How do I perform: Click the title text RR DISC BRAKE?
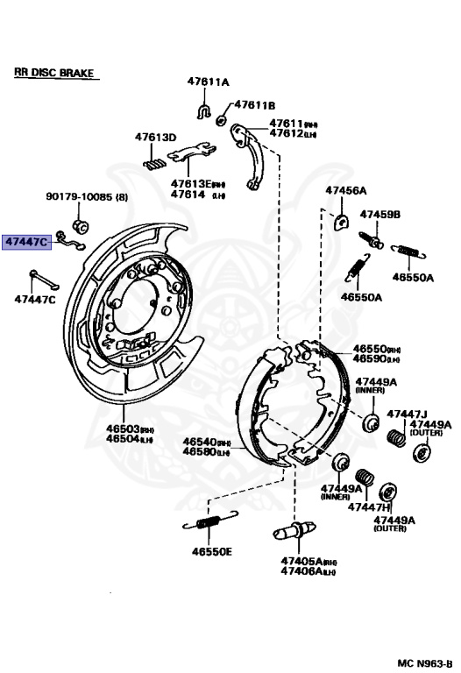[53, 74]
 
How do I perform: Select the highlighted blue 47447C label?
[26, 241]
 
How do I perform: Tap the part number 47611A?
[207, 81]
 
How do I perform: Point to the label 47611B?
[254, 104]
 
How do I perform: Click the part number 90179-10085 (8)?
[86, 197]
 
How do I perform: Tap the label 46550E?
[211, 552]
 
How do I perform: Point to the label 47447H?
[369, 507]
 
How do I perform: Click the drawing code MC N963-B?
[423, 662]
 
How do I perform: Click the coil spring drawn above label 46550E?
[207, 524]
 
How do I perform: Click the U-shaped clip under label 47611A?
[202, 110]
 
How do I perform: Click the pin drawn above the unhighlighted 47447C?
[42, 280]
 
